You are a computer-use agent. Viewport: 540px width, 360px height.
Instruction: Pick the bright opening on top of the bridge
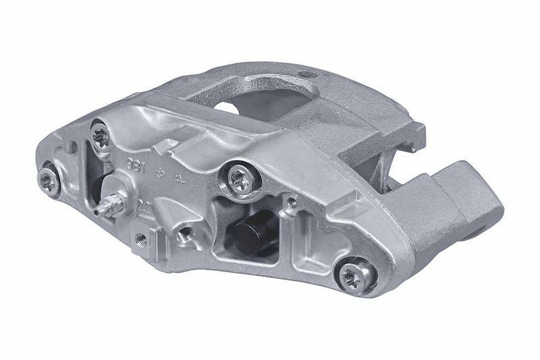pyautogui.click(x=232, y=107)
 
